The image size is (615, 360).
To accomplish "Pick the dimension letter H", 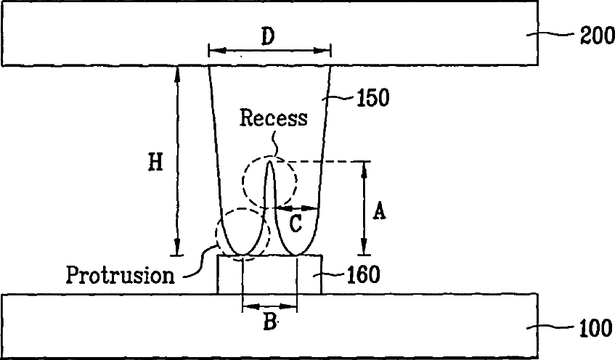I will (155, 163).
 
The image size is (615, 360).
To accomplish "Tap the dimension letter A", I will (379, 211).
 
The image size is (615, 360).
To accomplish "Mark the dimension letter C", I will (296, 224).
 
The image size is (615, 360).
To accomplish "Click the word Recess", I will (274, 118).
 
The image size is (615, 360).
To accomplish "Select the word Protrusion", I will (121, 275).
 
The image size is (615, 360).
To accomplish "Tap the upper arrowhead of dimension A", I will (365, 165).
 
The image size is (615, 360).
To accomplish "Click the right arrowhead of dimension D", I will (326, 51).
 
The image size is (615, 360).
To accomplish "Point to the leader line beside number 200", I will (551, 33).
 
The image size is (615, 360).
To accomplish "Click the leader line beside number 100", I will (552, 327).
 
